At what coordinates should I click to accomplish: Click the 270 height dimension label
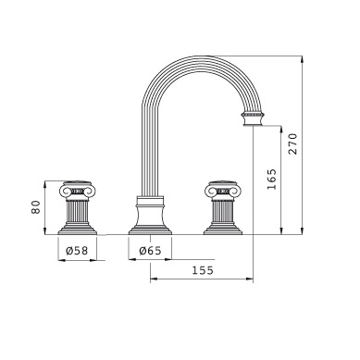coord(292,143)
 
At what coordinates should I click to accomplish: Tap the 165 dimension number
coord(272,180)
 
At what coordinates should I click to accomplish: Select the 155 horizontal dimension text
coord(203,270)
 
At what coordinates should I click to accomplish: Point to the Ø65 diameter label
coord(150,251)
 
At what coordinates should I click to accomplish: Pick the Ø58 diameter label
coord(77,251)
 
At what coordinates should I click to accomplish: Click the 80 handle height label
coord(36,207)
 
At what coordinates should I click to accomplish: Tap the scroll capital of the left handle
coord(77,190)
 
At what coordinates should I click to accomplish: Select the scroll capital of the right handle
coord(223,190)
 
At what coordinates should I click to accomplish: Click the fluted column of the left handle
coord(77,211)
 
